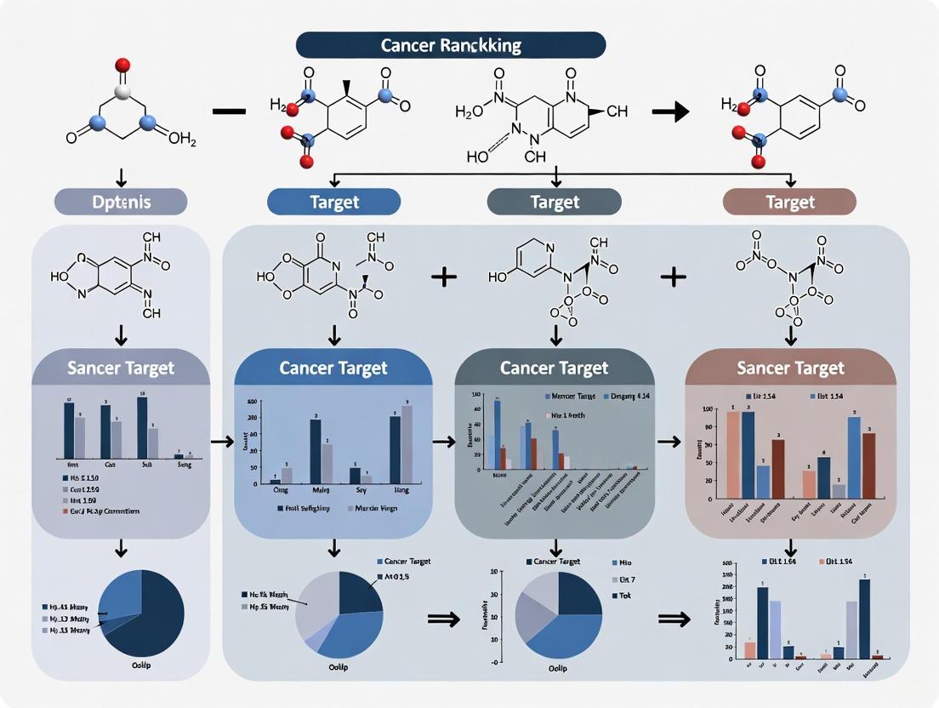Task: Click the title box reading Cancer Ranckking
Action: click(451, 44)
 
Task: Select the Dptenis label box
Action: click(120, 202)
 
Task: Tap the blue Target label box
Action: click(333, 202)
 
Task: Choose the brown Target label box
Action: click(788, 202)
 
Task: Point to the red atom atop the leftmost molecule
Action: click(122, 64)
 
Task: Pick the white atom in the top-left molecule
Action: click(122, 91)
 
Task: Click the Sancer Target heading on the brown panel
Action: click(790, 368)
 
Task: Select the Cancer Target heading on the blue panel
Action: click(333, 368)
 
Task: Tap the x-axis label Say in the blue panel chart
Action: click(356, 491)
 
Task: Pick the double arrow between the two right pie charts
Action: click(676, 619)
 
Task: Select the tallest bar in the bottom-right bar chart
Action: click(864, 619)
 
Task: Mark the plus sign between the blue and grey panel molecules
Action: click(442, 277)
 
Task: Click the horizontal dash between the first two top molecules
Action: click(230, 111)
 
